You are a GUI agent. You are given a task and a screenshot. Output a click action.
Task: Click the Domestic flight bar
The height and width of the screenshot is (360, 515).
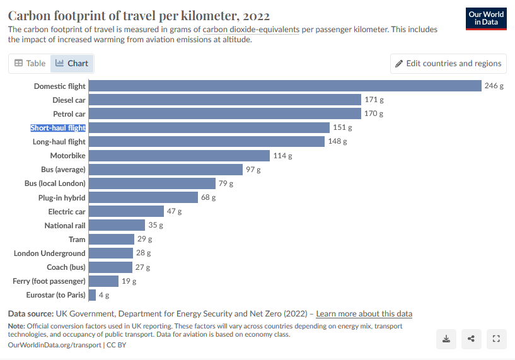point(285,86)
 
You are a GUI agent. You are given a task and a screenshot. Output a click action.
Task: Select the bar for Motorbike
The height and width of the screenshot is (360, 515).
point(179,155)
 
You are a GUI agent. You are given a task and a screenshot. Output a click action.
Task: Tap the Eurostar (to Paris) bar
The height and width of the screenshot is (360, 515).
point(92,294)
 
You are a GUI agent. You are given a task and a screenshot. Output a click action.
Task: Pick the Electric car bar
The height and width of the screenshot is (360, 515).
point(126,211)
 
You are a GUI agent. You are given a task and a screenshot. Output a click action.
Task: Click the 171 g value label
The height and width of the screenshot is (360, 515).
point(374,100)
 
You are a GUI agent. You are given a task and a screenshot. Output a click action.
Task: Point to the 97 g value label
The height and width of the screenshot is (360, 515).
point(253,170)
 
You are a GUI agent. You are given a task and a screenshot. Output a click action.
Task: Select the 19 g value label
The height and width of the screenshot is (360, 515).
point(129,281)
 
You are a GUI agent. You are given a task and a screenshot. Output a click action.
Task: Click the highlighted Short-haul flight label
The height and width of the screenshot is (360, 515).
point(58,128)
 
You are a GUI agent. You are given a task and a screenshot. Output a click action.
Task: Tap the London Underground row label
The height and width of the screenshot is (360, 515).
point(50,253)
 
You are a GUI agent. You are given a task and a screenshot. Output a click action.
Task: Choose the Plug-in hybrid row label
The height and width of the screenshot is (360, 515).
point(62,198)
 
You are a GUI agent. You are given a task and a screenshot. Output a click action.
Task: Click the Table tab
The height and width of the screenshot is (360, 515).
point(30,63)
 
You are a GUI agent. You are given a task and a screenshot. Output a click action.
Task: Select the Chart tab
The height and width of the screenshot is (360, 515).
point(72,63)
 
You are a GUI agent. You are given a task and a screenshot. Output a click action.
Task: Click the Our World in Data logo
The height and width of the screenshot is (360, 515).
point(486,19)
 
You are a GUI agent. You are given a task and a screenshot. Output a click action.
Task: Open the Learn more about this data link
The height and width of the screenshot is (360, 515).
point(364,314)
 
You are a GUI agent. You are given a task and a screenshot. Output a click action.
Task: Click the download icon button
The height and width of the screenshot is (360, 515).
point(446,339)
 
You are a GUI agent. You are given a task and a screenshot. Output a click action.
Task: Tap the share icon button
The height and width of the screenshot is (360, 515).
point(472,339)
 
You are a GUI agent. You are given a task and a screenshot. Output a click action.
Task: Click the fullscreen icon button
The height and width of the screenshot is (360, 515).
point(496,339)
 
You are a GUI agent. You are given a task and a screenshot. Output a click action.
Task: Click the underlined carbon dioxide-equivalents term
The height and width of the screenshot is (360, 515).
point(251,30)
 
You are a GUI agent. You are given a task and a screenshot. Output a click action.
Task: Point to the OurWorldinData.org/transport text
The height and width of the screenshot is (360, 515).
point(54,345)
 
